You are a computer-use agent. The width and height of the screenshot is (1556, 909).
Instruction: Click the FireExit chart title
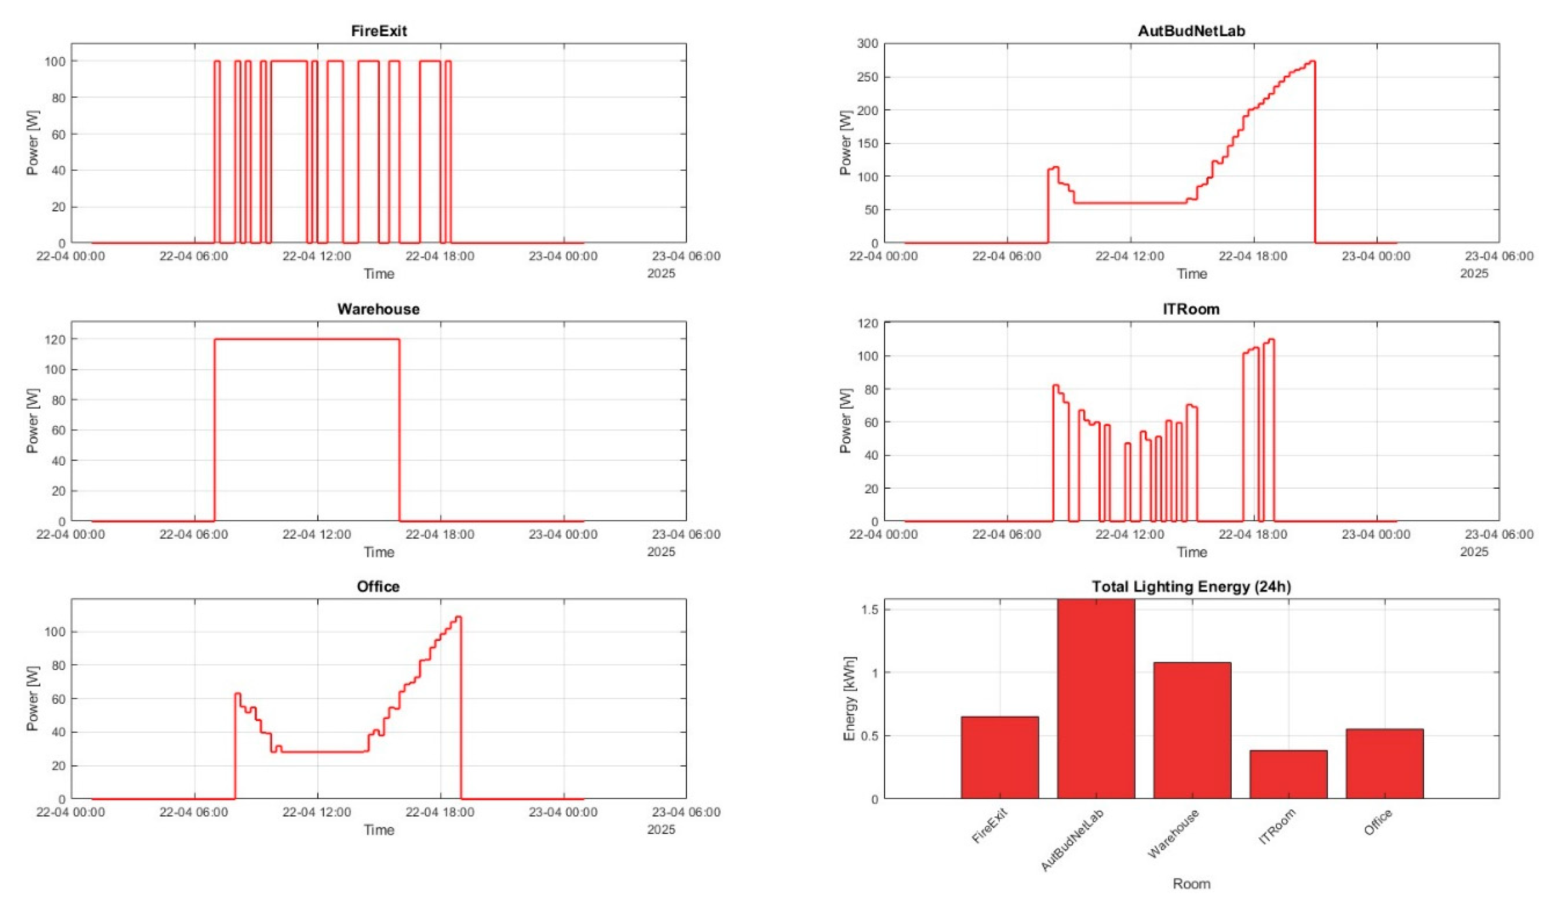(379, 31)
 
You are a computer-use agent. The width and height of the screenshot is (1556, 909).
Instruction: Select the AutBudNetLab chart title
(1191, 31)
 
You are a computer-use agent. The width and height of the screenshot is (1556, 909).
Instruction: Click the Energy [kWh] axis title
(850, 698)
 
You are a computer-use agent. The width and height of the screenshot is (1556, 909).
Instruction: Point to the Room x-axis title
(1191, 884)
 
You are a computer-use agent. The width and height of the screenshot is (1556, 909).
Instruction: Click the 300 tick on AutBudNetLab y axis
(867, 43)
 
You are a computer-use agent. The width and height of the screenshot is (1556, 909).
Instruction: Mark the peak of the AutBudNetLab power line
(1313, 61)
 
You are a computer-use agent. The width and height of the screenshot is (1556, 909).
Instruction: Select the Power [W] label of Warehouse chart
(32, 421)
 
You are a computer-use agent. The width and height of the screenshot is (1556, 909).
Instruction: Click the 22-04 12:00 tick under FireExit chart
(317, 255)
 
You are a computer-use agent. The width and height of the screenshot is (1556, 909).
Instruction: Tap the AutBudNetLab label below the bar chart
(1073, 839)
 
